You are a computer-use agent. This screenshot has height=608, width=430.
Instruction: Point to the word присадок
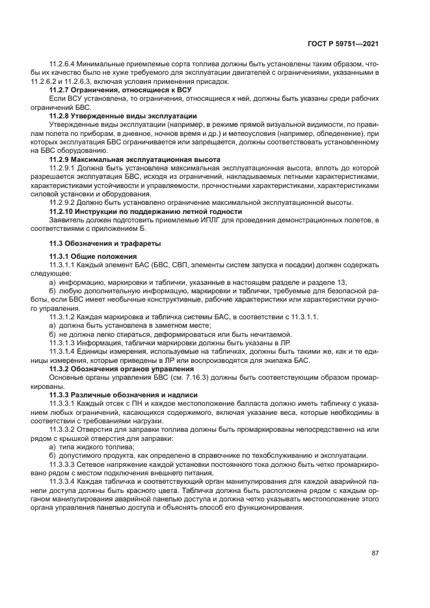tap(211, 82)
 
